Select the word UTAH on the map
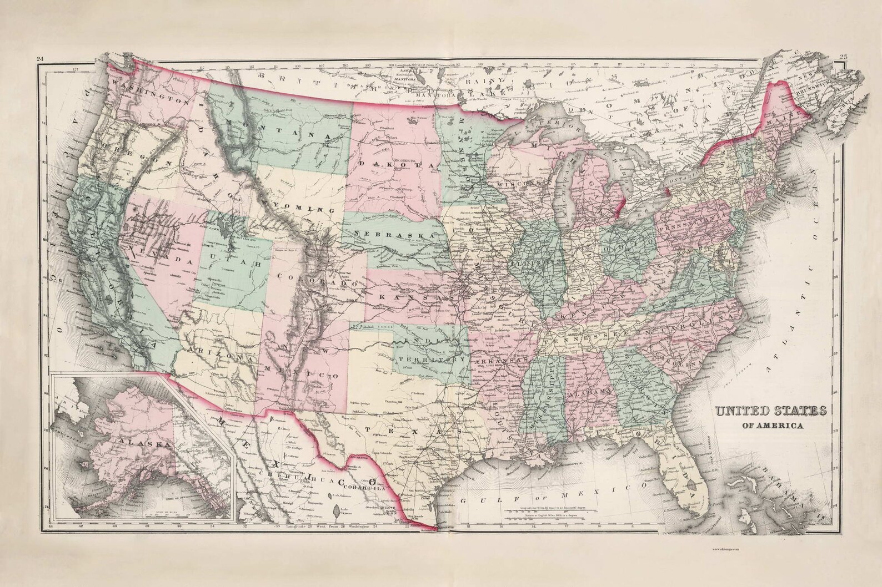tap(235, 262)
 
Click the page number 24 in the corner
tap(39, 59)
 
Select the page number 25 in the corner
tap(843, 57)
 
